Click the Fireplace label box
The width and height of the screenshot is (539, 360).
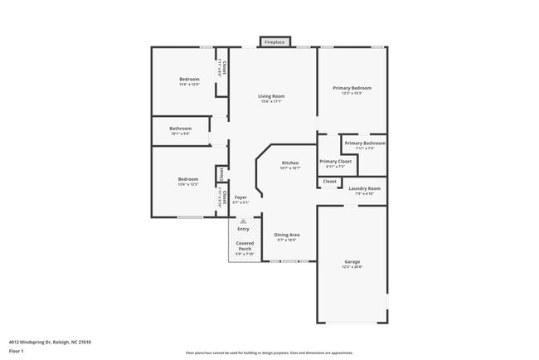pyautogui.click(x=274, y=41)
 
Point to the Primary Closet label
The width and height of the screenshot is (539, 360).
pyautogui.click(x=335, y=163)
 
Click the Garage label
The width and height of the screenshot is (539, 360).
pyautogui.click(x=352, y=264)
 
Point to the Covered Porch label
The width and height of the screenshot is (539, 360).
pyautogui.click(x=245, y=246)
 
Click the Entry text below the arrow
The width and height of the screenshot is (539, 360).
pyautogui.click(x=243, y=229)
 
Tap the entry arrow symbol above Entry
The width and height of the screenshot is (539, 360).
pyautogui.click(x=243, y=221)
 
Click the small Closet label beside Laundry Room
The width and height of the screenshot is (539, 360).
pyautogui.click(x=329, y=181)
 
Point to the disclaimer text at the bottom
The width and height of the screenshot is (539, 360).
pyautogui.click(x=269, y=353)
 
